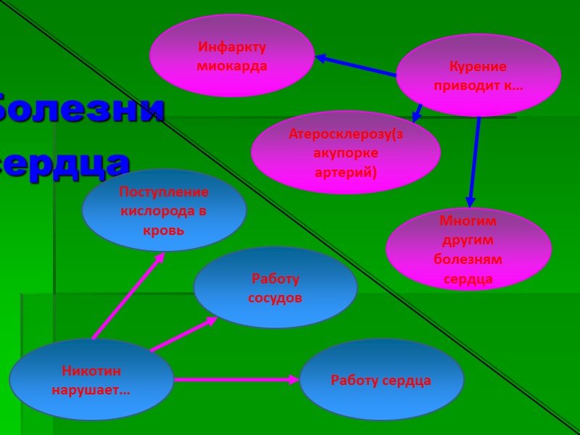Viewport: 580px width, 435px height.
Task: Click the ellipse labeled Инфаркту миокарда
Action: pyautogui.click(x=232, y=55)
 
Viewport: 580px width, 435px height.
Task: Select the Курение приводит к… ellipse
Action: pyautogui.click(x=478, y=75)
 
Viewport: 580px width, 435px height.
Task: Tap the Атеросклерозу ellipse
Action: pyautogui.click(x=345, y=152)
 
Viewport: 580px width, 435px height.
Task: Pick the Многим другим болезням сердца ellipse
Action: pyautogui.click(x=468, y=249)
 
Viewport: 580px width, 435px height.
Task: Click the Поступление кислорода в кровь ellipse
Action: pyautogui.click(x=164, y=210)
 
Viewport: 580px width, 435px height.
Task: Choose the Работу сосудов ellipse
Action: pyautogui.click(x=275, y=288)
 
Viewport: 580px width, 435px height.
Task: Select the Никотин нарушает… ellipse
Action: pyautogui.click(x=91, y=379)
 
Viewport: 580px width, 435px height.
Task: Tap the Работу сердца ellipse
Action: pyautogui.click(x=381, y=379)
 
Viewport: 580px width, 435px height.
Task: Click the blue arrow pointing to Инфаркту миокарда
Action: pyautogui.click(x=355, y=65)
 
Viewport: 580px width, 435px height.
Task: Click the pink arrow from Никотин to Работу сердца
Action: pyautogui.click(x=236, y=379)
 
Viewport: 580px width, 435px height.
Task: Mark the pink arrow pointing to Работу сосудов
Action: pyautogui.click(x=183, y=334)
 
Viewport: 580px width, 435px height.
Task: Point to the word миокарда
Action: pyautogui.click(x=232, y=66)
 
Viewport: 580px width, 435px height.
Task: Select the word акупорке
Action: pyautogui.click(x=346, y=153)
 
